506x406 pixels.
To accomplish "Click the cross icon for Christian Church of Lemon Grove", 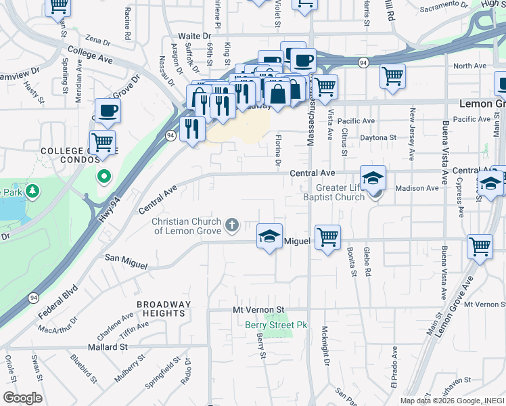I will click(232, 225).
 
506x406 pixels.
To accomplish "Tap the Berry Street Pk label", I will click(276, 325).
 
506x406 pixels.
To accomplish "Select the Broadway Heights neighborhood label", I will click(161, 309).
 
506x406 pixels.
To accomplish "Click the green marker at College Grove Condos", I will click(103, 177).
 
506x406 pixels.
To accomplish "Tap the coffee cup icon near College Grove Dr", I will click(108, 110).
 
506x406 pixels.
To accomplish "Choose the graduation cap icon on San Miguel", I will click(269, 236).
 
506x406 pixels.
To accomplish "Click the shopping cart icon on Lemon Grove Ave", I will click(480, 246).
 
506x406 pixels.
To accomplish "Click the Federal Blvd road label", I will click(59, 298).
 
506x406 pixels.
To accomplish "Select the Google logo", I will click(22, 398).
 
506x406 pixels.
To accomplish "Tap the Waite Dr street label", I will click(195, 35).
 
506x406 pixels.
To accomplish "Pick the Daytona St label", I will click(377, 137).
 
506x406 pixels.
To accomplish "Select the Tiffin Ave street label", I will click(133, 329).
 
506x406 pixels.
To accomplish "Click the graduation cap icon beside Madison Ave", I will click(373, 178).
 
